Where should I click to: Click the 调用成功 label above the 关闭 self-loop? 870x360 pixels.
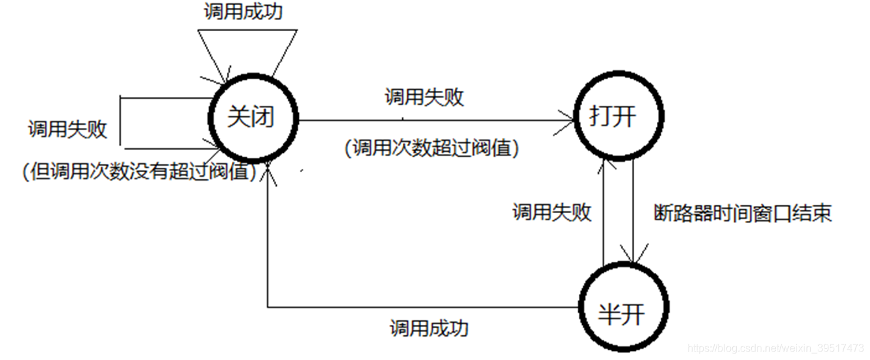[243, 12]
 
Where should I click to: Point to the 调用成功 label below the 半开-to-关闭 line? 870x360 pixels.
[429, 328]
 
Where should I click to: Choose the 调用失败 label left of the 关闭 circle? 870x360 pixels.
[67, 129]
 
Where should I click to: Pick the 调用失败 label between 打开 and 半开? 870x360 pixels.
[552, 212]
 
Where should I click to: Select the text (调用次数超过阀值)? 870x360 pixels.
[432, 149]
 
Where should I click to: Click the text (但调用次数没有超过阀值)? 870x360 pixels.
[138, 172]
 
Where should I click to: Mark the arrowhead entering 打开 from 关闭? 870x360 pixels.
[570, 120]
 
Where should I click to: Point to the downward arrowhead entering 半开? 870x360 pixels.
[633, 255]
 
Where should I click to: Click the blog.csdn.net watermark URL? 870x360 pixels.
[776, 348]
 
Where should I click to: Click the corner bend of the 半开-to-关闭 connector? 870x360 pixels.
[268, 306]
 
